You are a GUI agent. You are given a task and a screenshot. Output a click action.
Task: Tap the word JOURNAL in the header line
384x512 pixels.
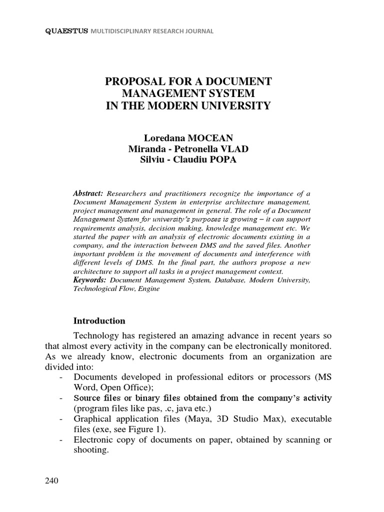pyautogui.click(x=199, y=31)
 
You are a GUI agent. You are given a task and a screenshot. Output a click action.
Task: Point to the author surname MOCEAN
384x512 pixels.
pyautogui.click(x=210, y=138)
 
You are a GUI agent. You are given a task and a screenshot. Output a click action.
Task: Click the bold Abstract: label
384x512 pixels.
pyautogui.click(x=88, y=193)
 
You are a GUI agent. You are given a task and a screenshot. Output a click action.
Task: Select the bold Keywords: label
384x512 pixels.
pyautogui.click(x=90, y=280)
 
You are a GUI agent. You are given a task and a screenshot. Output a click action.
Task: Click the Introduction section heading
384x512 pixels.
pyautogui.click(x=99, y=320)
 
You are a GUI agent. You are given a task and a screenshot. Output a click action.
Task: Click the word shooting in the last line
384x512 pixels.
pyautogui.click(x=91, y=449)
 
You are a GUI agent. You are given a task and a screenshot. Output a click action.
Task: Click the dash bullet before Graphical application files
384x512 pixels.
pyautogui.click(x=61, y=418)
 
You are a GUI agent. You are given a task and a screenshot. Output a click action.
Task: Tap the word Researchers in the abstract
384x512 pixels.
pyautogui.click(x=127, y=193)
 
